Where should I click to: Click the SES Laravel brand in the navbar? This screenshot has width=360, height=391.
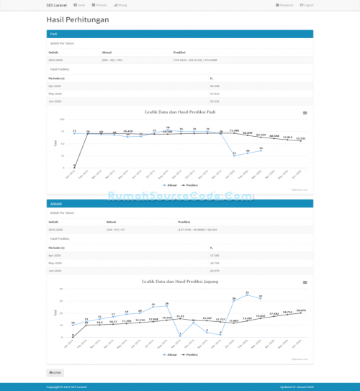tap(56, 4)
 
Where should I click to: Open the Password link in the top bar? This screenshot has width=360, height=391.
tap(284, 4)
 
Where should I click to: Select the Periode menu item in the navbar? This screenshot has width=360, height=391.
tap(100, 4)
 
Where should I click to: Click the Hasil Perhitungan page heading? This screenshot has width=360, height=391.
tap(78, 19)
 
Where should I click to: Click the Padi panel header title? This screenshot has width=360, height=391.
tap(53, 34)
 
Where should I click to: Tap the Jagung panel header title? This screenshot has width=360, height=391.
tap(55, 204)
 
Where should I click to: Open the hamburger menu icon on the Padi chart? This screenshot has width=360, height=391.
tap(305, 113)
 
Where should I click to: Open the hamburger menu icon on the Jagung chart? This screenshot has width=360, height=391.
tap(305, 282)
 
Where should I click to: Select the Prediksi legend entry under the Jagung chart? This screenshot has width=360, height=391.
tap(191, 355)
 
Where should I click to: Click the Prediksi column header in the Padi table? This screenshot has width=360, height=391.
tap(180, 53)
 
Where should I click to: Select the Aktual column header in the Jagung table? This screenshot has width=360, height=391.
tap(112, 223)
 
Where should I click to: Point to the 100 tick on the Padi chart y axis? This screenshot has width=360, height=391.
tap(62, 120)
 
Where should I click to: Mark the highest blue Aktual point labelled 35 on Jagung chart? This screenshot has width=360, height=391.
tap(248, 293)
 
